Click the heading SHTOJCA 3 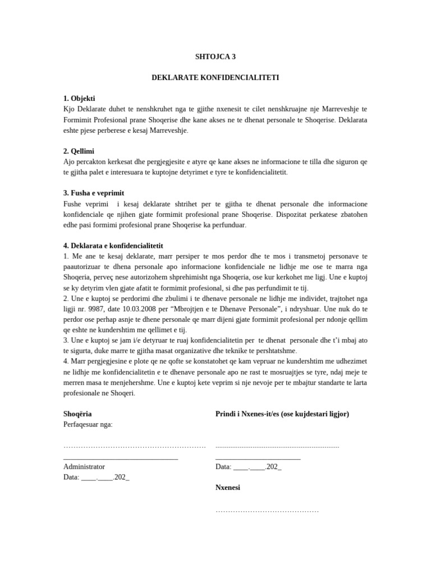(215, 57)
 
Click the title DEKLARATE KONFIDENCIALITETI (215, 77)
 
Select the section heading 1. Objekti (79, 98)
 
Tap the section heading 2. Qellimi (79, 151)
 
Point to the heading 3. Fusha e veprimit (94, 193)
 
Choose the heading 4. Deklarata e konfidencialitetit (113, 246)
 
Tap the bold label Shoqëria (77, 414)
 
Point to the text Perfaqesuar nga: (88, 424)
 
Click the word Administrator (84, 466)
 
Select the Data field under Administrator (97, 477)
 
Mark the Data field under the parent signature (248, 466)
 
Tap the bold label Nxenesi (228, 488)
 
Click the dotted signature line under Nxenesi (267, 511)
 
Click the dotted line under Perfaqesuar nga (135, 446)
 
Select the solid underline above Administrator (121, 458)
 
